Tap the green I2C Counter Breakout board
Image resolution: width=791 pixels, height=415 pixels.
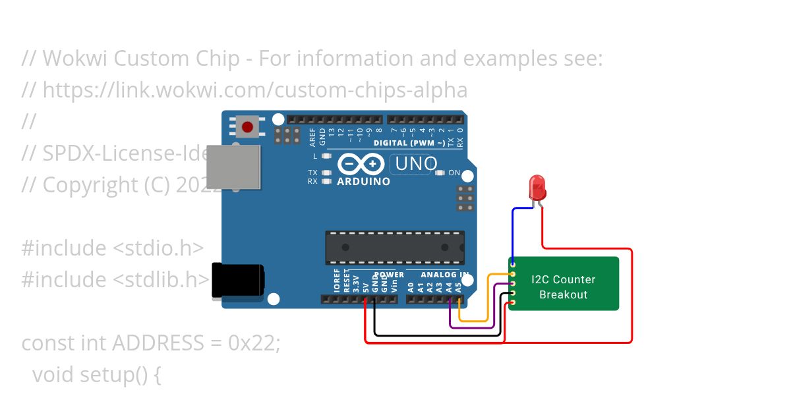564,284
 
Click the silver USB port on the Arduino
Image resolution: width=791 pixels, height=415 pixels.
233,167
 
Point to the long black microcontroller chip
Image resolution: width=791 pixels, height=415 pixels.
394,248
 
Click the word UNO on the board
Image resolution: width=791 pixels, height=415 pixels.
415,163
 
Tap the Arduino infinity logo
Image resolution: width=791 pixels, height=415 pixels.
361,163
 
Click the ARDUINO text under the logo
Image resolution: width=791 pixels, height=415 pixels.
363,181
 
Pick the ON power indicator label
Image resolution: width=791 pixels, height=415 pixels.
454,173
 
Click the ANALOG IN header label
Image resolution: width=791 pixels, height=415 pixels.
445,275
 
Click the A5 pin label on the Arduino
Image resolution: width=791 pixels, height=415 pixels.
459,287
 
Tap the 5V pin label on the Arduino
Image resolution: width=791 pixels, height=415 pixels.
366,287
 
